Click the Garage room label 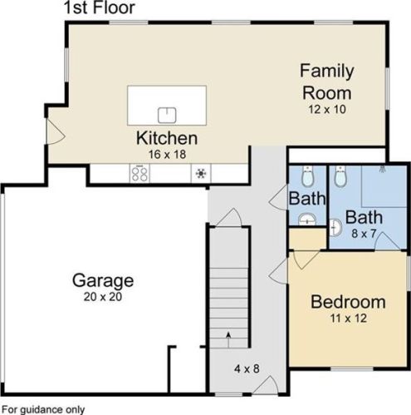tap(103, 281)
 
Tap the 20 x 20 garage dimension tap(103, 297)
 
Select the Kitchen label tap(167, 138)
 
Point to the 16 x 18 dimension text tap(167, 155)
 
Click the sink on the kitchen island tap(167, 115)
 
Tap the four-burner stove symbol tap(139, 174)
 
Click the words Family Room tap(327, 82)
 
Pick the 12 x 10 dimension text tap(327, 109)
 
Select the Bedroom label tap(348, 302)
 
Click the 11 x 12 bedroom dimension tap(349, 319)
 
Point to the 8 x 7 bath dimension tap(364, 234)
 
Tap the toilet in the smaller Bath tap(307, 176)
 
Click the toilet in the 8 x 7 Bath tap(340, 176)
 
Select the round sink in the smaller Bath tap(307, 220)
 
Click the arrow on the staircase tap(228, 339)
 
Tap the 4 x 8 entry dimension tap(247, 368)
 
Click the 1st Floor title tap(100, 7)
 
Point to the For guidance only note tap(43, 409)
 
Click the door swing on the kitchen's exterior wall tap(56, 131)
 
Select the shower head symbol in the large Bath tap(383, 168)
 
